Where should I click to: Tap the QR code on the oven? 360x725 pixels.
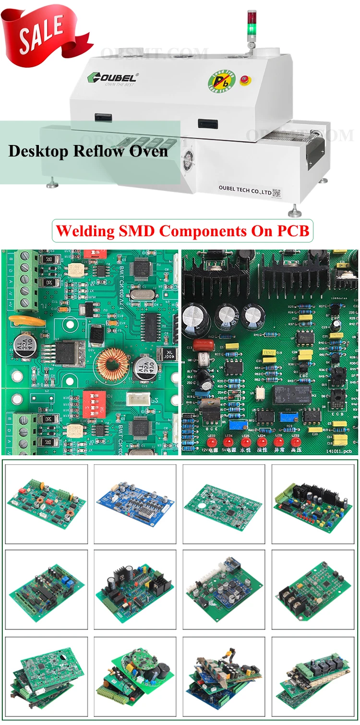point(276,193)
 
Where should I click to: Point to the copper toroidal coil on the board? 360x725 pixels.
point(114,364)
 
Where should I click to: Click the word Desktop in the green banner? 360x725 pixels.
point(39,151)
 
